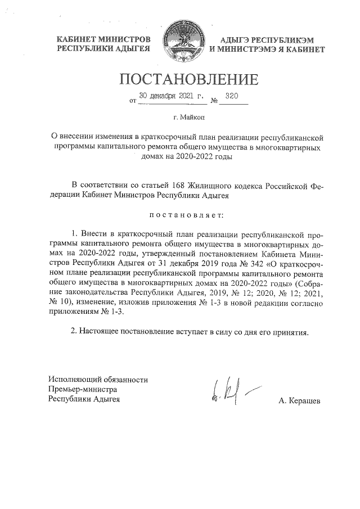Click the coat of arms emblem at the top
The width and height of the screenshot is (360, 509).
point(180,43)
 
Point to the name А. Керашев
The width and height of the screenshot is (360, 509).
point(299,400)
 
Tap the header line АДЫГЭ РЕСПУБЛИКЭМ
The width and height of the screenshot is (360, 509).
point(267,40)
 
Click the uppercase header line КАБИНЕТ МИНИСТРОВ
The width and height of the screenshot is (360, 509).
point(104,40)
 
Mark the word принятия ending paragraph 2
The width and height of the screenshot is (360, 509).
point(291,331)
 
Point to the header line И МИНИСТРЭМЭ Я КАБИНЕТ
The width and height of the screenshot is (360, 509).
point(267,49)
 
